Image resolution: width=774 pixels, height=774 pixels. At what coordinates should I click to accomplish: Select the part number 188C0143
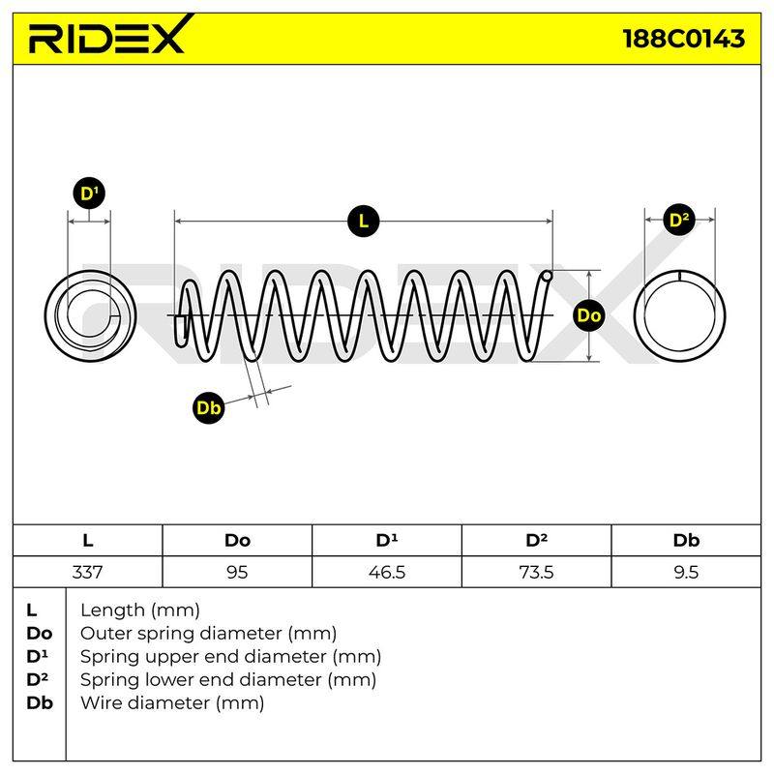pos(684,39)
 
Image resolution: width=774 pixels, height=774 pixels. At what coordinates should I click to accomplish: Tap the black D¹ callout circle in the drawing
pos(89,193)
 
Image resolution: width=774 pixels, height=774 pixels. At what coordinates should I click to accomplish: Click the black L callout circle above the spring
pos(364,221)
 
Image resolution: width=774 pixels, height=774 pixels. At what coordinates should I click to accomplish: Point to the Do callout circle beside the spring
pos(589,315)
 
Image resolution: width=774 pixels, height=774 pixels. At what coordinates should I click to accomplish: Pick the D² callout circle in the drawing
pos(679,220)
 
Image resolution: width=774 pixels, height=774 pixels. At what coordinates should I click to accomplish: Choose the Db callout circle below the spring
pos(208,407)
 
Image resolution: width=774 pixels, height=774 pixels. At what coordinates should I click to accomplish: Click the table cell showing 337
pos(87,572)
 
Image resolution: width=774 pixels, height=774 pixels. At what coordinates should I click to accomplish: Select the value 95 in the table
pos(237,572)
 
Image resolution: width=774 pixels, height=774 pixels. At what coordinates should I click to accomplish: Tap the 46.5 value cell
pos(387,572)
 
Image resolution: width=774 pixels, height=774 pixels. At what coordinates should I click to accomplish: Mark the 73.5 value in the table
pos(537,572)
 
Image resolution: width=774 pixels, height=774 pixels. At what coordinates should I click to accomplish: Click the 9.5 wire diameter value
pos(686,572)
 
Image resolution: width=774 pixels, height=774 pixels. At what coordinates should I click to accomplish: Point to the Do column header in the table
pos(237,541)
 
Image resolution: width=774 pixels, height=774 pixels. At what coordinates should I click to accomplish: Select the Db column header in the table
pos(686,541)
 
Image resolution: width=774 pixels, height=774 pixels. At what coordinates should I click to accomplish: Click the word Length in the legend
pos(112,611)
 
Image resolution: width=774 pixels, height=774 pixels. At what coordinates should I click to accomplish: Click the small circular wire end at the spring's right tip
pos(547,276)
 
